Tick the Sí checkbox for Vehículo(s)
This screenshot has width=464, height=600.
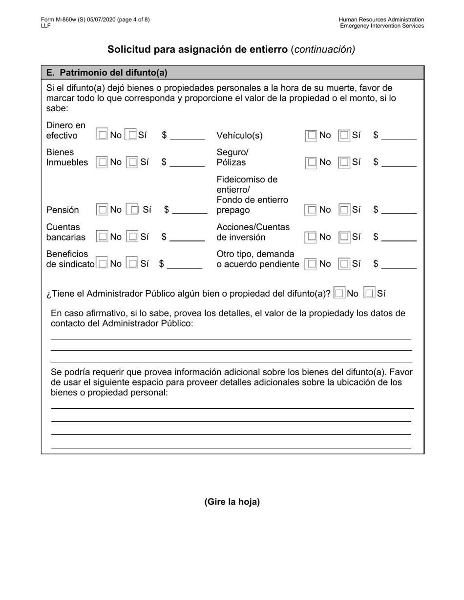pos(344,136)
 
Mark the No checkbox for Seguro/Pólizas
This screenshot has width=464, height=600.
pos(311,162)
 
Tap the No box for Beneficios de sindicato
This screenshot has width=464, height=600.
pos(102,264)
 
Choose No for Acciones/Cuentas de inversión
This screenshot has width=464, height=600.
pos(311,237)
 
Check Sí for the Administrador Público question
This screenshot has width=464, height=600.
pos(370,294)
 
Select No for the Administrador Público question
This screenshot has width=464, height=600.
pos(339,294)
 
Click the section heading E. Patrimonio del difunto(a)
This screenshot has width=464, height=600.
pos(106,73)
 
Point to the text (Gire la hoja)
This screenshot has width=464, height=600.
pos(232,501)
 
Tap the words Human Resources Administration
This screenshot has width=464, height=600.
pos(381,20)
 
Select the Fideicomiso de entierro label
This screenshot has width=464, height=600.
pos(247,184)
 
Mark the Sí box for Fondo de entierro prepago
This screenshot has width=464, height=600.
pos(344,210)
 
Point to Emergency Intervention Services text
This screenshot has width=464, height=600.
pos(382,26)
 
